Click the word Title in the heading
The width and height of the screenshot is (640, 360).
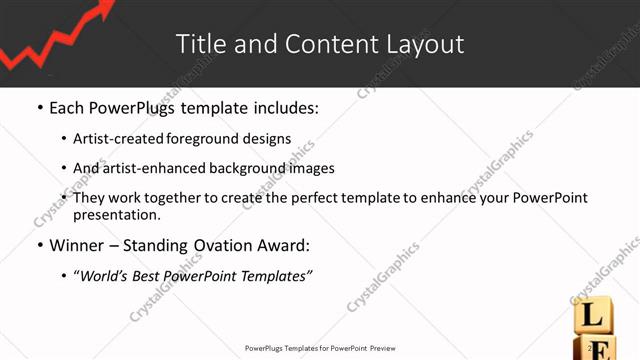tap(198, 44)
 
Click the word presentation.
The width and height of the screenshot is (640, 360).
tap(115, 214)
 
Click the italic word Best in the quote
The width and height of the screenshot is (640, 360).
tap(145, 276)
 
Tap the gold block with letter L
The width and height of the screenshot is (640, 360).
tap(591, 318)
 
